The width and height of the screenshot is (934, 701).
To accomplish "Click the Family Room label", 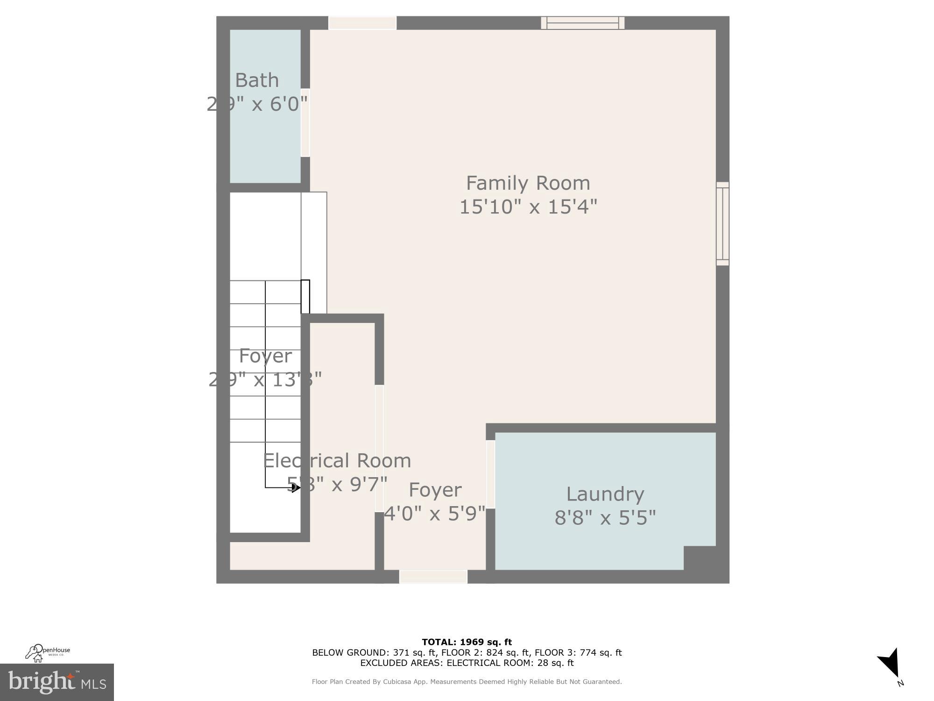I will pyautogui.click(x=528, y=183).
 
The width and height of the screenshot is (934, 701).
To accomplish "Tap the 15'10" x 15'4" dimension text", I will pyautogui.click(x=528, y=207).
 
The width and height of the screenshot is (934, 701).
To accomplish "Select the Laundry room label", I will pyautogui.click(x=605, y=494).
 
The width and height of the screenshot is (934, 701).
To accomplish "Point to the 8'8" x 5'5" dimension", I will pyautogui.click(x=605, y=518).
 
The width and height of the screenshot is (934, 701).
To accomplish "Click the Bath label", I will pyautogui.click(x=257, y=80).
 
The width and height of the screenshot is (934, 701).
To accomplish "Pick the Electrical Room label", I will pyautogui.click(x=337, y=461).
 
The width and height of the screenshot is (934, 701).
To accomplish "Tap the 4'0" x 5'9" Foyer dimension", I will pyautogui.click(x=434, y=514).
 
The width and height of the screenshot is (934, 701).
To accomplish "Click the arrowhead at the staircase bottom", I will pyautogui.click(x=295, y=488).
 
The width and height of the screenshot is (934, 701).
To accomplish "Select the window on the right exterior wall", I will pyautogui.click(x=722, y=224).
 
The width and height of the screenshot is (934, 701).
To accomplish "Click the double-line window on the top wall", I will pyautogui.click(x=582, y=23).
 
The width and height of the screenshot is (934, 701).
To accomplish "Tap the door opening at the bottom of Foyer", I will pyautogui.click(x=433, y=576).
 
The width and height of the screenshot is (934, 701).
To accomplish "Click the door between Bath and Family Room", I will pyautogui.click(x=305, y=122).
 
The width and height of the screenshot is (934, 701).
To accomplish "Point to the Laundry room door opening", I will pyautogui.click(x=490, y=474).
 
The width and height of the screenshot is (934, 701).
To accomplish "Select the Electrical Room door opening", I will pyautogui.click(x=379, y=448).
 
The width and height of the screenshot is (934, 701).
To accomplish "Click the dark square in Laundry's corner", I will pyautogui.click(x=699, y=558).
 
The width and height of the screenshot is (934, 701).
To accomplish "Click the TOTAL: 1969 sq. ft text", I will pyautogui.click(x=467, y=642).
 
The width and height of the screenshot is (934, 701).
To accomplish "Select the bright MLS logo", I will pyautogui.click(x=57, y=682).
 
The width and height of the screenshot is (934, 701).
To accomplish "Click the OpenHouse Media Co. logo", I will pyautogui.click(x=47, y=652).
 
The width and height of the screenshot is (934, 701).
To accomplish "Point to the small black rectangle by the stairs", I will pyautogui.click(x=305, y=296).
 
